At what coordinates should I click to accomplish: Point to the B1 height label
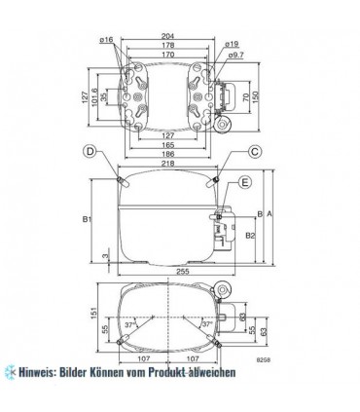point(87,220)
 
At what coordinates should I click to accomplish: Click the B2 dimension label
point(250,235)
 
